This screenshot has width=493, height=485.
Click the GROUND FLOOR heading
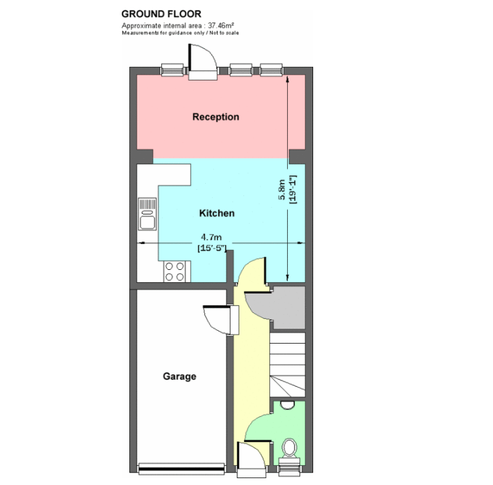tap(161, 14)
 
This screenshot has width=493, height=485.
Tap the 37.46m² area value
tap(221, 25)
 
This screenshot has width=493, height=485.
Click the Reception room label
tap(215, 117)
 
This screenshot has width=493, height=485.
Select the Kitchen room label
tap(217, 213)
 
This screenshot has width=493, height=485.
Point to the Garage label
tap(180, 376)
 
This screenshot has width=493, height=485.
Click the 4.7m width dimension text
tap(211, 237)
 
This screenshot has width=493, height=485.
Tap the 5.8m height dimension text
tap(282, 190)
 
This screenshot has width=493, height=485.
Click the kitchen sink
tap(147, 214)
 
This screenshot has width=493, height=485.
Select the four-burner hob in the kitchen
tap(174, 271)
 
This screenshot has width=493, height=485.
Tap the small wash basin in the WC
tap(287, 405)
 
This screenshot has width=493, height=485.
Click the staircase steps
tap(287, 365)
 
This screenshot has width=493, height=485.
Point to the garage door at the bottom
tap(181, 468)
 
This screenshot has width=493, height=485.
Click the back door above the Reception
tap(203, 63)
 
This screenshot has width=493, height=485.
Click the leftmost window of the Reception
tap(172, 70)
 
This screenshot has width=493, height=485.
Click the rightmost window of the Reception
tap(271, 70)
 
